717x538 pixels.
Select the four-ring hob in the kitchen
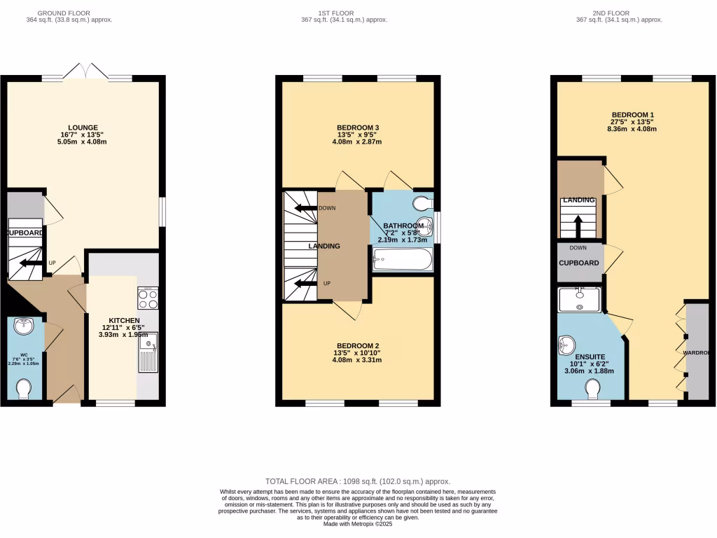click(x=148, y=299)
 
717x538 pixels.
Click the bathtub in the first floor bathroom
click(x=403, y=262)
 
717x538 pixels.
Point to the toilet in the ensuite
click(x=593, y=387)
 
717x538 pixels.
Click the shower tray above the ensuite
click(x=580, y=299)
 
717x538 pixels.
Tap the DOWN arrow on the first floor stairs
click(x=305, y=208)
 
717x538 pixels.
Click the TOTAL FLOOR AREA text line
click(x=358, y=481)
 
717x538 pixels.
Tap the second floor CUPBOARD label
click(x=579, y=263)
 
